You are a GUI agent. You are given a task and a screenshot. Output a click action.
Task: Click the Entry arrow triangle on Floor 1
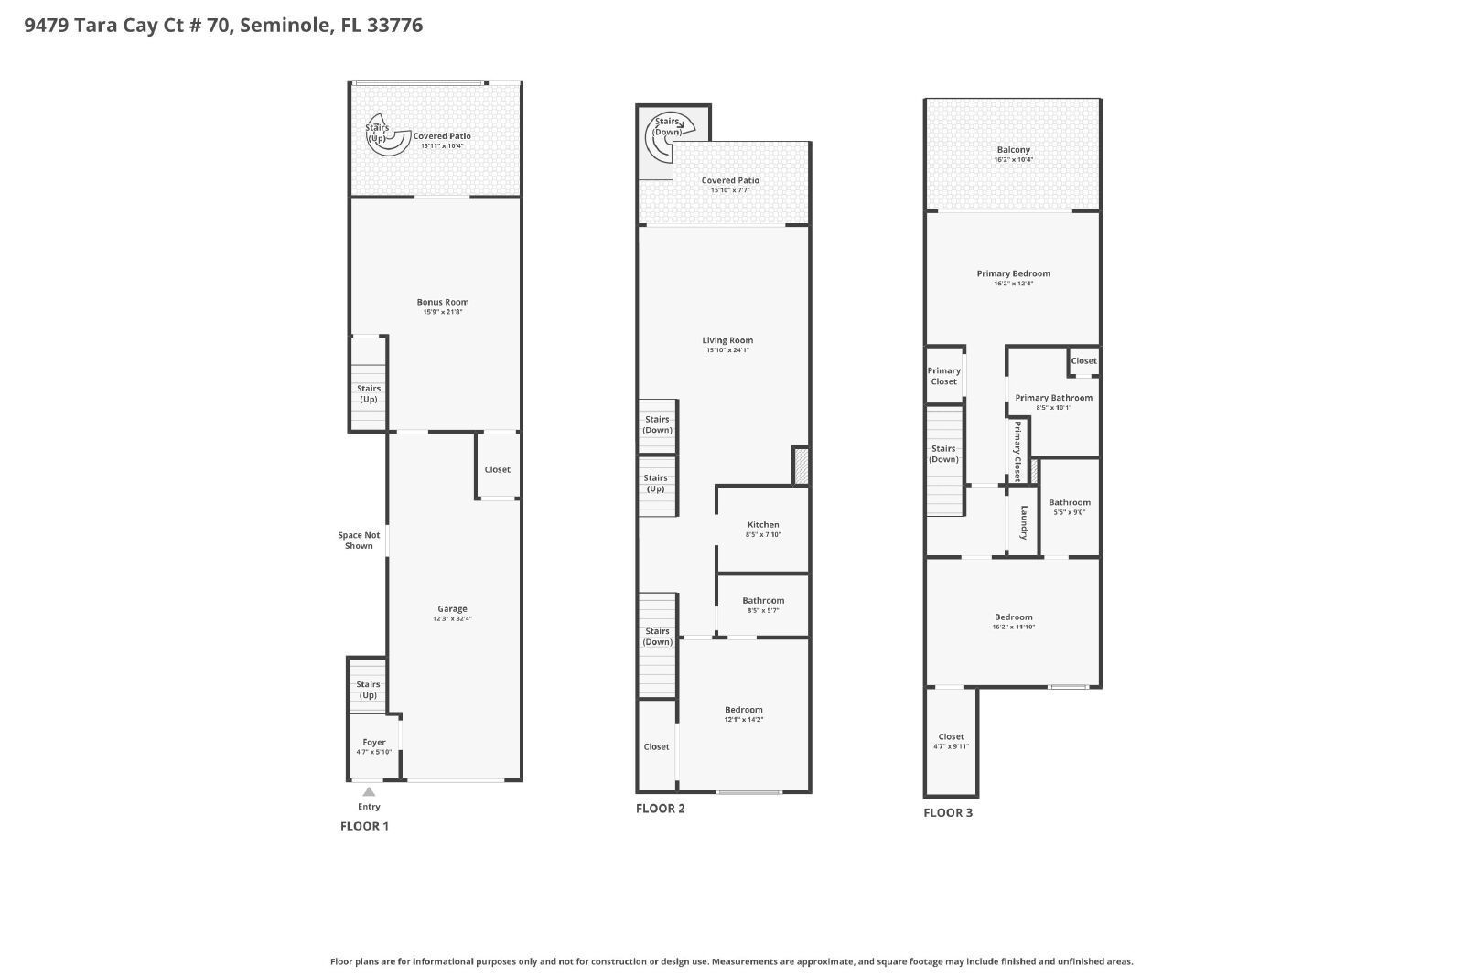point(368,792)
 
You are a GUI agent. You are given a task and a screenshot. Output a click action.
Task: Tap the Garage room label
point(452,609)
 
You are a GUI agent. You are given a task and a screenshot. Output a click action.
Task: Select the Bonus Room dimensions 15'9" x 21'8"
point(443,313)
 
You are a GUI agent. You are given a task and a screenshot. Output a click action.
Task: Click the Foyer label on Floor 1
point(374,743)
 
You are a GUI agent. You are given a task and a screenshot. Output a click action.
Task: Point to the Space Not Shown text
point(359,541)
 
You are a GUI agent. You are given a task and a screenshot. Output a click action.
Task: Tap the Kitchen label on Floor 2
point(763,525)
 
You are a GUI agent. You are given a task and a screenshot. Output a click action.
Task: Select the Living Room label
point(727,340)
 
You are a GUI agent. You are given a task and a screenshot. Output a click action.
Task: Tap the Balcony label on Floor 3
point(1013,150)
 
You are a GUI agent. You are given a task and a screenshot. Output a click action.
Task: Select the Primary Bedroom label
point(1013,273)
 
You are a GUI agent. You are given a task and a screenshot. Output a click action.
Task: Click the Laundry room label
point(1024,522)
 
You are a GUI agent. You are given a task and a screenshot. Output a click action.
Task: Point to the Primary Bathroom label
point(1053,398)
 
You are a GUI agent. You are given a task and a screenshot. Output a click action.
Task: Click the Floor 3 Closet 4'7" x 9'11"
point(951,741)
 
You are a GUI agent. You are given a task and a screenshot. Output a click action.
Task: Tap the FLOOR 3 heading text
point(948,812)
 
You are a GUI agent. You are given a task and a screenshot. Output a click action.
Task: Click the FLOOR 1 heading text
point(364,826)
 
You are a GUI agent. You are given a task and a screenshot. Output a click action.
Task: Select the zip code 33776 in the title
point(394,25)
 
